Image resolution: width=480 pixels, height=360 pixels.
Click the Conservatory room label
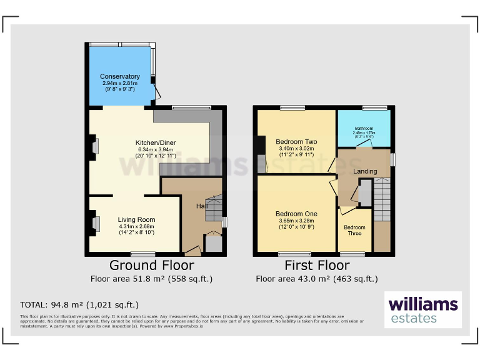tap(120, 76)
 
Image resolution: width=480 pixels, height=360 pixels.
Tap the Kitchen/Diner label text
tap(156, 143)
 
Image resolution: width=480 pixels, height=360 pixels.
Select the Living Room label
tap(137, 219)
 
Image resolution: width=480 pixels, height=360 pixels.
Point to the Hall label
tap(202, 206)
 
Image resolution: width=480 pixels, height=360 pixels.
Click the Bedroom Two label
tap(296, 142)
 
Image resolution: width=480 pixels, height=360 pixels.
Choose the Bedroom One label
tap(296, 214)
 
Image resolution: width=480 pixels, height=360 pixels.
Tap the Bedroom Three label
tap(354, 230)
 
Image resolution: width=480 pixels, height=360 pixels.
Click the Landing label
tap(365, 171)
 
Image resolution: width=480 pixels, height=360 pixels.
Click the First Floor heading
tap(316, 265)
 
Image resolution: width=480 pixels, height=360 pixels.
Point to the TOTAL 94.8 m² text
tap(79, 305)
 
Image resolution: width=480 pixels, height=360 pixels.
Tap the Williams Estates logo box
tap(423, 310)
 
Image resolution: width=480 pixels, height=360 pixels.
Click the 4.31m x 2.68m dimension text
tap(137, 226)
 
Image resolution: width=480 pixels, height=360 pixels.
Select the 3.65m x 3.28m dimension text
tap(296, 221)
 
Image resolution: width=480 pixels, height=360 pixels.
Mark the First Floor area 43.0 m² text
tap(316, 279)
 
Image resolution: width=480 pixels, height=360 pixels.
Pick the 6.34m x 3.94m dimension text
tap(156, 150)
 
